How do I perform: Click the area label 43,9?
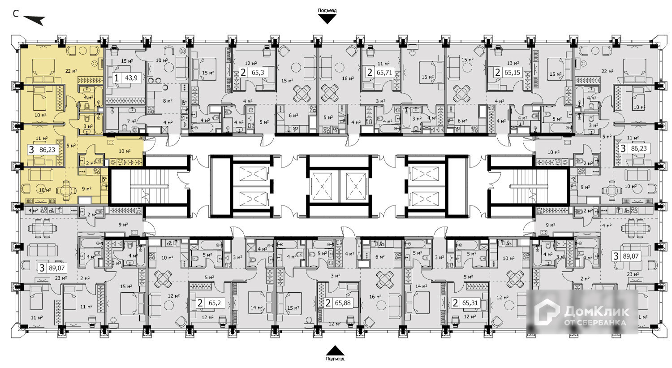point(131,78)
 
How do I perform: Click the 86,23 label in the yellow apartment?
point(47,150)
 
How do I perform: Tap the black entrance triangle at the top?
point(327,18)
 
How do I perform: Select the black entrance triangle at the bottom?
point(335,350)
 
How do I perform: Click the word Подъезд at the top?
point(327,10)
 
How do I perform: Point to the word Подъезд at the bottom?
point(335,359)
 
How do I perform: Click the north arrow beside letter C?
point(34,20)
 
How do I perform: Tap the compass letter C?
point(15,14)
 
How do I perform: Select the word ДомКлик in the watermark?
point(597,310)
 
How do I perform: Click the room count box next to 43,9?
point(116,78)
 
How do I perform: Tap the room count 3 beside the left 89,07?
point(42,268)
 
